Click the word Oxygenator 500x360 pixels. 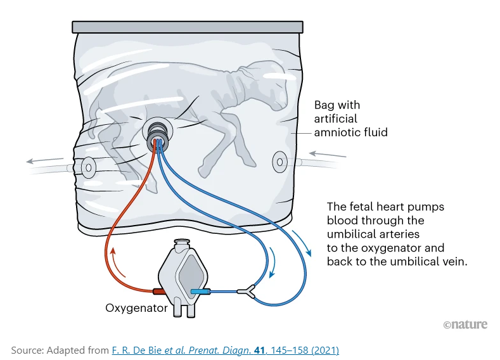(x=136, y=309)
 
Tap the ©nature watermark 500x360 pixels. (x=465, y=325)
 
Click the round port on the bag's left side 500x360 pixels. (x=88, y=167)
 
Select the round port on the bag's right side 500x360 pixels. (x=280, y=162)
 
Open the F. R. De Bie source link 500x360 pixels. (x=225, y=350)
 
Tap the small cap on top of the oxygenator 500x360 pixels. (x=183, y=242)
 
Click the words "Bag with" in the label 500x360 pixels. (x=337, y=105)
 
